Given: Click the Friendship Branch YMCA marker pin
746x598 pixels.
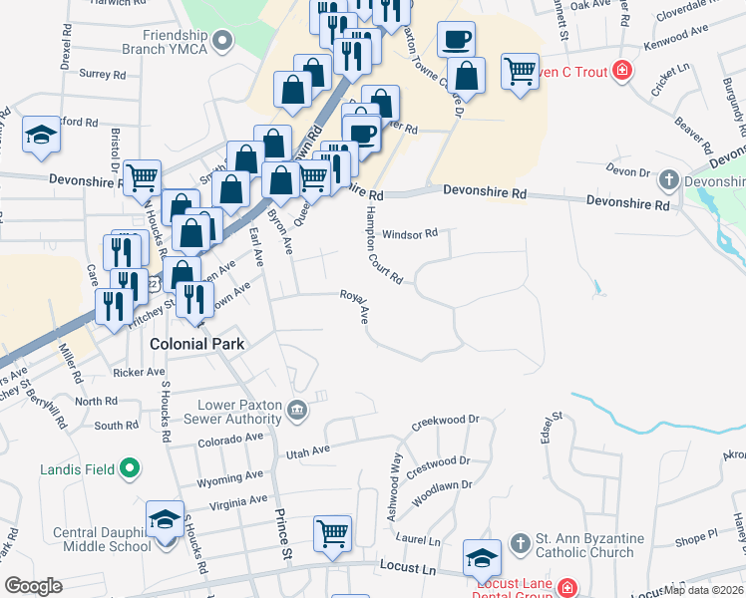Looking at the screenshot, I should click(x=222, y=41).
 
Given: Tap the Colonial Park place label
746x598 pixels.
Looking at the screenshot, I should click(x=196, y=344).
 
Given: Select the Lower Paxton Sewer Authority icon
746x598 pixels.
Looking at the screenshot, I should click(x=297, y=410).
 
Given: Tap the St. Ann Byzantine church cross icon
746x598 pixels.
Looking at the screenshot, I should click(x=519, y=542).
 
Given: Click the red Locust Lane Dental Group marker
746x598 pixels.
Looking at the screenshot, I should click(x=567, y=587).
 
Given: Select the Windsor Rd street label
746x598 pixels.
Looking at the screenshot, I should click(x=410, y=234).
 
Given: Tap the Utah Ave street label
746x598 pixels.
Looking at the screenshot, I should click(x=307, y=452).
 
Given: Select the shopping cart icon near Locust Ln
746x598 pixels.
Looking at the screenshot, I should click(x=332, y=533).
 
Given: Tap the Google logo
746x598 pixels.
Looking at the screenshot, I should click(x=34, y=585).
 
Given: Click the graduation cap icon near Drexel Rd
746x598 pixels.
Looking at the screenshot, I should click(x=41, y=136).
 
